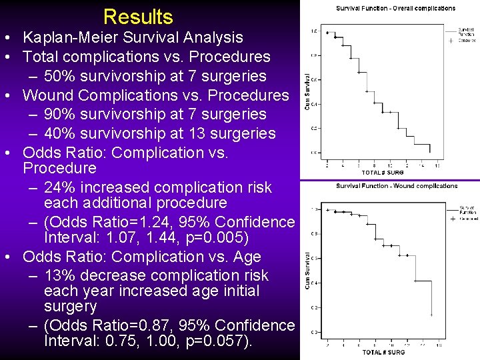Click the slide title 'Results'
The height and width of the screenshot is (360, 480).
pos(138,17)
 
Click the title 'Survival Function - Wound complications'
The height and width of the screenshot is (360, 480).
pos(397,186)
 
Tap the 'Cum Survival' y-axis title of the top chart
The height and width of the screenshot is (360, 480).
pos(309,92)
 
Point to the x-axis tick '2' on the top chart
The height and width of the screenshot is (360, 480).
pos(327,165)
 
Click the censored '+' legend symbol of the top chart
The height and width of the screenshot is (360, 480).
pos(451,41)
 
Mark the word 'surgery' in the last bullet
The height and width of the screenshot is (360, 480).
pos(70,307)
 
